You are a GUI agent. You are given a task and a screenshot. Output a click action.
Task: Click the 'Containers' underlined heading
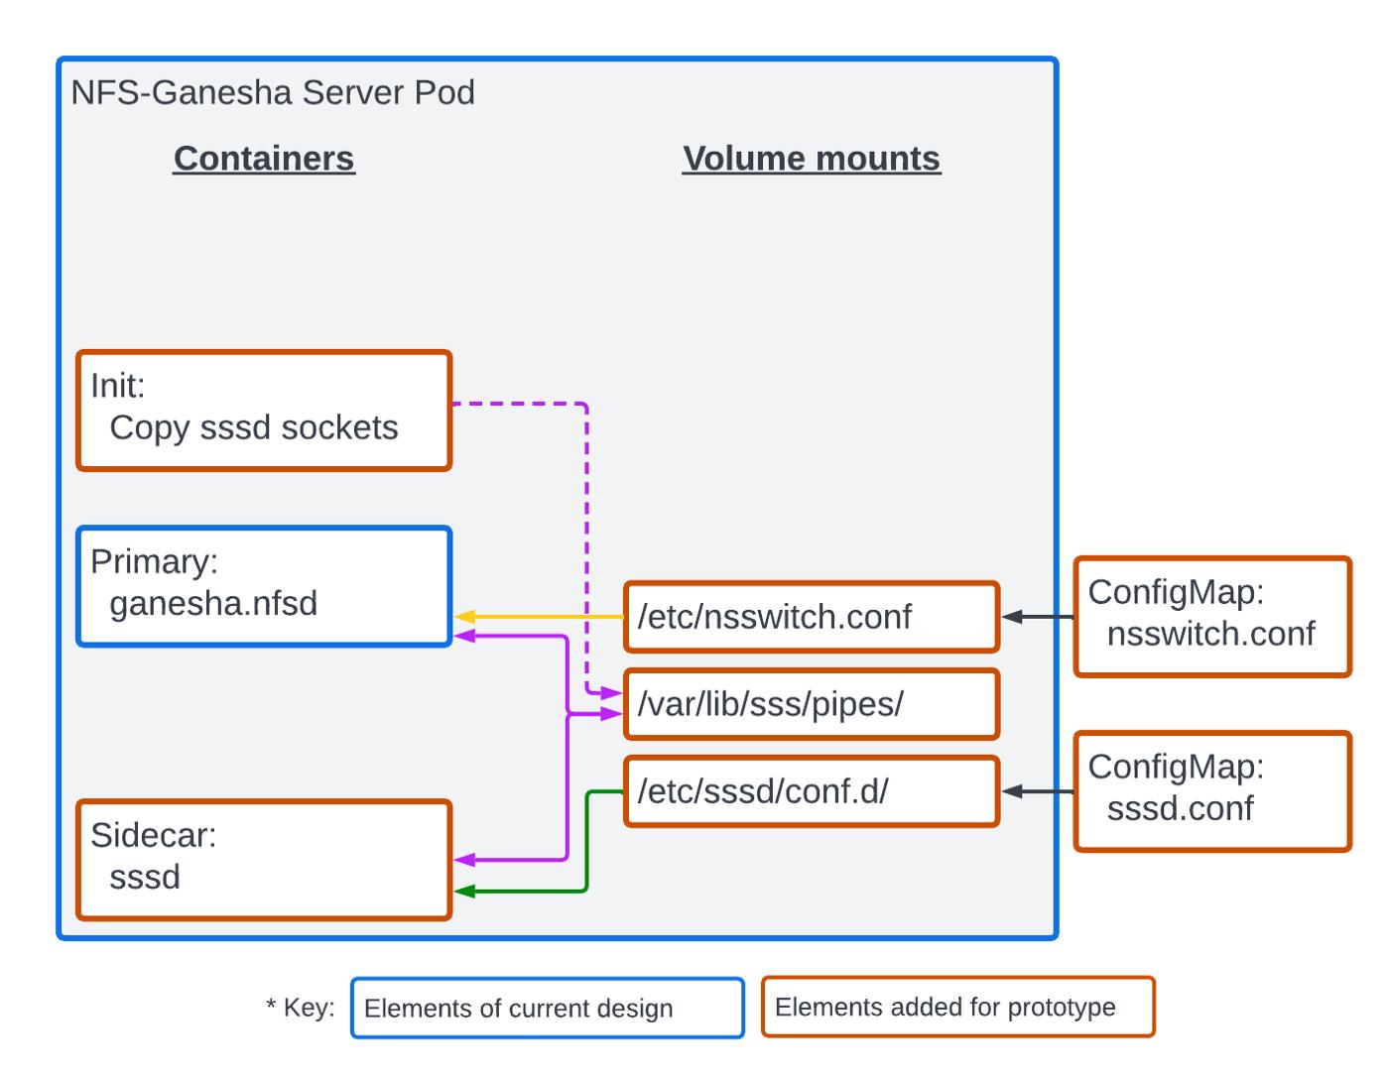tap(264, 159)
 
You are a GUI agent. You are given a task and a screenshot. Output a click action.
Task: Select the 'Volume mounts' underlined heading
tap(811, 159)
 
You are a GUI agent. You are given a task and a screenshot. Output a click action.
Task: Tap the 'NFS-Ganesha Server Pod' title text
tap(273, 92)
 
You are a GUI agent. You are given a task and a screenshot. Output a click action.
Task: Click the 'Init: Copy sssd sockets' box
tap(264, 410)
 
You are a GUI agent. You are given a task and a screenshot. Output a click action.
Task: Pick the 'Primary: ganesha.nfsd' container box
tap(264, 586)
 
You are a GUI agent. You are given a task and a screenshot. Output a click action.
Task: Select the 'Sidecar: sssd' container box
tap(264, 860)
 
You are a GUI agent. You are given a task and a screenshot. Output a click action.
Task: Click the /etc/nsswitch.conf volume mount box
tap(811, 617)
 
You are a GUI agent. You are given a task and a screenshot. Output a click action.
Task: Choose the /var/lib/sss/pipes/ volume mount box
tap(811, 704)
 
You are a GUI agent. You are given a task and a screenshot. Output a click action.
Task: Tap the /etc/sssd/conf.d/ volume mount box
tap(811, 791)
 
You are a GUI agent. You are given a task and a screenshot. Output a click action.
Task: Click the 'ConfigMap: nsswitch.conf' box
tap(1211, 616)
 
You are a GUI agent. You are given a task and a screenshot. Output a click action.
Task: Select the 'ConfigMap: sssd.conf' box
tap(1211, 790)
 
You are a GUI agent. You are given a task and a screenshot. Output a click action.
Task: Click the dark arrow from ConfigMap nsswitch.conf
tap(1037, 617)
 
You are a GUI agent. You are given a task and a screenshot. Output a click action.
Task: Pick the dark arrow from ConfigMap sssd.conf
tap(1037, 791)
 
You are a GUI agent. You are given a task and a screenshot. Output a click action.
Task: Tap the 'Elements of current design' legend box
tap(547, 1008)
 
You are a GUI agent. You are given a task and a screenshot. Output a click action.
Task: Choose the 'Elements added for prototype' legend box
tap(957, 1007)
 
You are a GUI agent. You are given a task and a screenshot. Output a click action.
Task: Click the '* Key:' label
tap(301, 1008)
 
